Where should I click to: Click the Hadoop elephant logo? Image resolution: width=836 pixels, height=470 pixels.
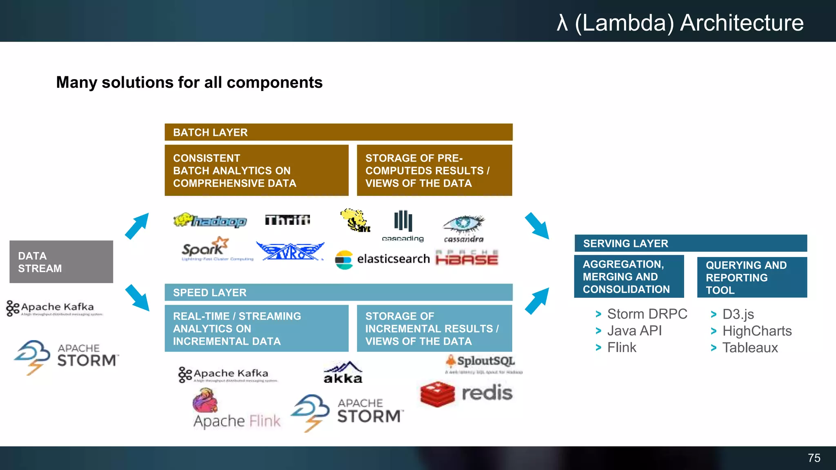(x=210, y=221)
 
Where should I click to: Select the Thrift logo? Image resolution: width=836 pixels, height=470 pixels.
(x=287, y=220)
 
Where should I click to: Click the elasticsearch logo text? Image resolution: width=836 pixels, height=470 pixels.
(x=393, y=259)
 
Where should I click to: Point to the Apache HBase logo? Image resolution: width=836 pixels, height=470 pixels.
(x=467, y=258)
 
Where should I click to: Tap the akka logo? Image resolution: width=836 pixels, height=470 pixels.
(x=343, y=372)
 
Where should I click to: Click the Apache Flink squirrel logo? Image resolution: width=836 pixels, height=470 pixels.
(x=205, y=401)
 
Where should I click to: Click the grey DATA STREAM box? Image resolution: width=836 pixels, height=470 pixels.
(x=61, y=262)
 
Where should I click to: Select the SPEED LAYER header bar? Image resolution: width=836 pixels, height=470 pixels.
(x=338, y=293)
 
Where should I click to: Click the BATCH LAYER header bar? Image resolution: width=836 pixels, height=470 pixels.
(x=338, y=132)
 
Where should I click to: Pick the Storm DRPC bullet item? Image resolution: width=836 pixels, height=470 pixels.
(x=647, y=314)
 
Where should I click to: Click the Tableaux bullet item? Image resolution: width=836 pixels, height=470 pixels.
(x=750, y=348)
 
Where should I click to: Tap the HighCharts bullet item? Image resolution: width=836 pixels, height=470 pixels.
(x=756, y=331)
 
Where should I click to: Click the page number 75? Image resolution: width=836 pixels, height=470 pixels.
(x=814, y=458)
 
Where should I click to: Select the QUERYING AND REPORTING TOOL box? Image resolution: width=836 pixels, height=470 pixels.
(x=752, y=277)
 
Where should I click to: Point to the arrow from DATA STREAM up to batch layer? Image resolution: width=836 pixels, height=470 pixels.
(x=137, y=226)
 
